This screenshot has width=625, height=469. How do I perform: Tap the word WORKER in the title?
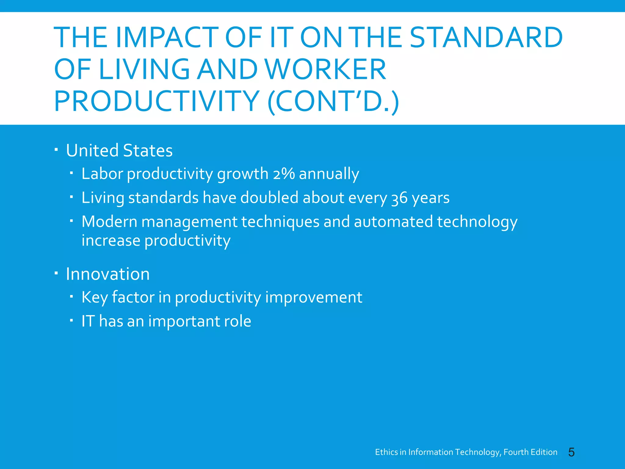[326, 69]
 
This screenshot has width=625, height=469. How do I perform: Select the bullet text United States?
[119, 151]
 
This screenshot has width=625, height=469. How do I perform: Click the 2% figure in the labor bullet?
[284, 174]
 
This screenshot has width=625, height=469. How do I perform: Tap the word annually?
[329, 174]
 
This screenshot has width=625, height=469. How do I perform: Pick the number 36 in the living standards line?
[399, 198]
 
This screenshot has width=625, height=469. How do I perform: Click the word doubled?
[269, 198]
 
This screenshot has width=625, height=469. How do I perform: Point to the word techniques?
[280, 221]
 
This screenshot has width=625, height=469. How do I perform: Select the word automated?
[393, 221]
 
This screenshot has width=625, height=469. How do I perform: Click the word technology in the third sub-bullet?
[477, 222]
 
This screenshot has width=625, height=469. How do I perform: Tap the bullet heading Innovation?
[108, 274]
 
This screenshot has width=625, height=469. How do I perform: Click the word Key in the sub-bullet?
[94, 297]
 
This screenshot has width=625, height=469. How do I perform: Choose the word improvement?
[313, 297]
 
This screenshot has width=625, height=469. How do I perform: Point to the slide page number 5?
[571, 452]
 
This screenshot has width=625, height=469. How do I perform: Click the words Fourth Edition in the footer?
[530, 452]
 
